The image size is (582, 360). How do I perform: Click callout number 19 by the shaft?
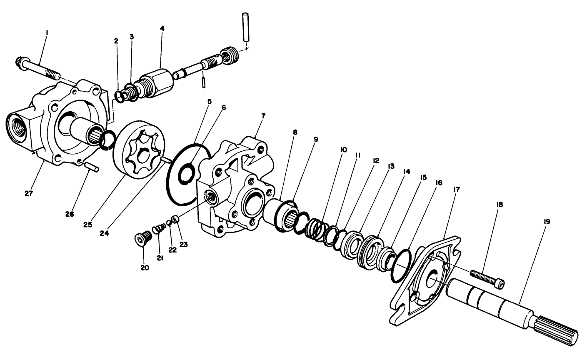(x=547, y=222)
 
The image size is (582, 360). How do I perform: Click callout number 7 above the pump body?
(x=263, y=115)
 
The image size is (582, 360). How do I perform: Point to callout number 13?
(x=390, y=166)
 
